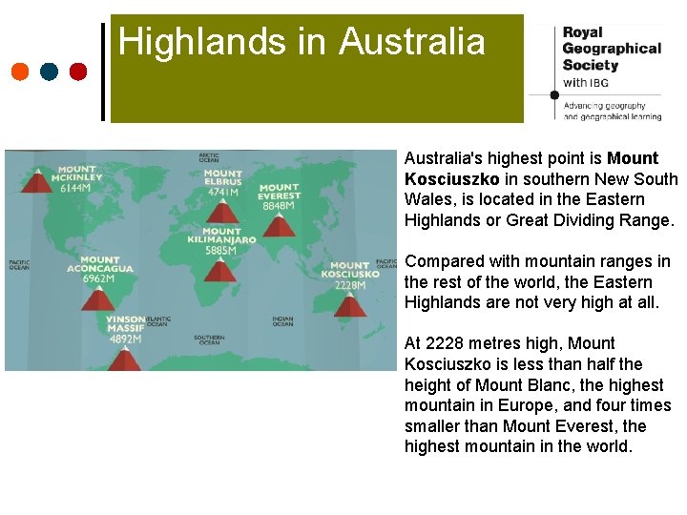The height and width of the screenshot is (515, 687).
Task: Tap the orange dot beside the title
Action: [20, 72]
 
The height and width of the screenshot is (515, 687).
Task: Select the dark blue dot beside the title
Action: [50, 72]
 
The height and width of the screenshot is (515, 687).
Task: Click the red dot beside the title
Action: [78, 72]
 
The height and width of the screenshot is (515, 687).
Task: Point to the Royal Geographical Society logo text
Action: [611, 49]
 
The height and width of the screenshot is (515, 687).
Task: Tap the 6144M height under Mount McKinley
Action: [75, 188]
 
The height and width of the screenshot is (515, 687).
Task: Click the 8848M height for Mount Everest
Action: [279, 206]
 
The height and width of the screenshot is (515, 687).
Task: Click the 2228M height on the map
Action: [350, 284]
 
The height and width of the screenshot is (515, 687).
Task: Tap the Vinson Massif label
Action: [126, 324]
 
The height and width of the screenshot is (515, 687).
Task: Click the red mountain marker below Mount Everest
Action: [278, 225]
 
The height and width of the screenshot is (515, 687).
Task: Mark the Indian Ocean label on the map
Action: [282, 321]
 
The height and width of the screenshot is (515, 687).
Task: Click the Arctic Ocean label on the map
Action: [209, 157]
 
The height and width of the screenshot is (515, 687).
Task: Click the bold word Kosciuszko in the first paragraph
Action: [452, 178]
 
